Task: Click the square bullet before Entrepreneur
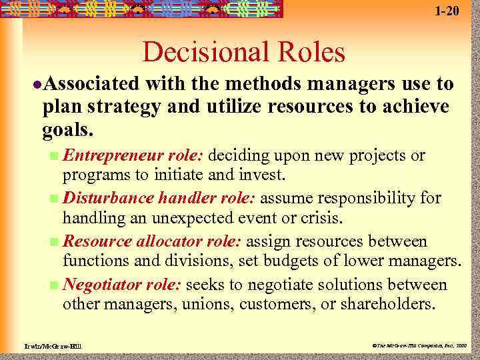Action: pyautogui.click(x=54, y=157)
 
